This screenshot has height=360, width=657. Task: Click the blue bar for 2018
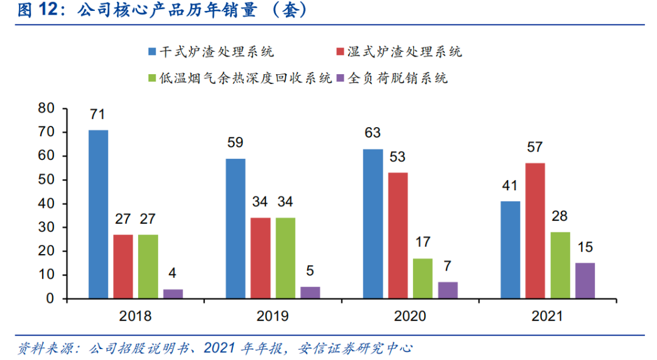(x=98, y=214)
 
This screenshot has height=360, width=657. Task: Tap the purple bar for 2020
(x=448, y=290)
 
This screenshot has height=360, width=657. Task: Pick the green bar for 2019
(x=285, y=258)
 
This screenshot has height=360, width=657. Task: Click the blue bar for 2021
(x=510, y=249)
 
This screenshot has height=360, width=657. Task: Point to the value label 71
(x=98, y=114)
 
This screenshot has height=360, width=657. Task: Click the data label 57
(x=535, y=147)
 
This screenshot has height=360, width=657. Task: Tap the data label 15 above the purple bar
(x=585, y=247)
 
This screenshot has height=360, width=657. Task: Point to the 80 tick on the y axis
(x=46, y=108)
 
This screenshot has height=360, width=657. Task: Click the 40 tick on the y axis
(x=46, y=204)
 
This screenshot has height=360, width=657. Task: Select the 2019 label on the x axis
(x=273, y=316)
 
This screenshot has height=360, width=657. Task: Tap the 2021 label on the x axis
(x=547, y=316)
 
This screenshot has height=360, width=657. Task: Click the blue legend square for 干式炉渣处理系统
(x=152, y=52)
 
